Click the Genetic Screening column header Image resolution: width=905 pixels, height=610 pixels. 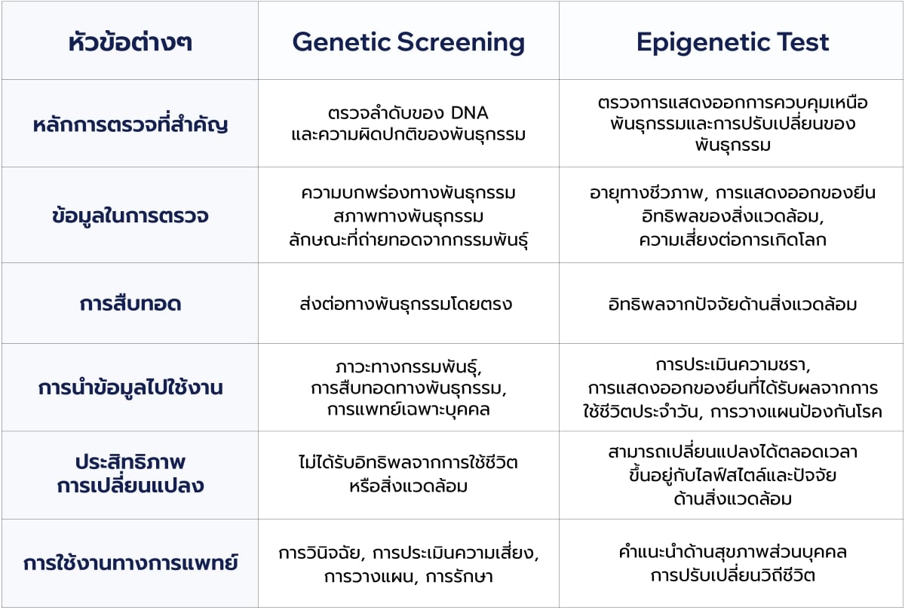tap(409, 42)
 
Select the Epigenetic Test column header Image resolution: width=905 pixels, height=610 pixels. tap(732, 42)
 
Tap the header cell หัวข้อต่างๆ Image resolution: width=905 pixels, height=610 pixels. tap(130, 41)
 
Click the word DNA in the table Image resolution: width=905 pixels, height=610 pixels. tap(469, 113)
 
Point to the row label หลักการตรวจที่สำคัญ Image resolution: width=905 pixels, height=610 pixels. tap(130, 123)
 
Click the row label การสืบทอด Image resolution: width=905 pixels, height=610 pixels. tap(130, 303)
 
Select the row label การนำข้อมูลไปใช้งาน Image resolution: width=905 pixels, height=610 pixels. tap(130, 387)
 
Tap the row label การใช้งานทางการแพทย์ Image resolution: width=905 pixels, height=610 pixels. tap(130, 562)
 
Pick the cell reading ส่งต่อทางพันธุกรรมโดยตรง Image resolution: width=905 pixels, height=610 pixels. tap(406, 303)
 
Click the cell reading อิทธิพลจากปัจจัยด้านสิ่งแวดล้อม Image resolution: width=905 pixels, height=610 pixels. tap(732, 303)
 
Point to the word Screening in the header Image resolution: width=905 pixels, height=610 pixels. tap(461, 42)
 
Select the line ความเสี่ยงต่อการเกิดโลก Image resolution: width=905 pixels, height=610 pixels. tap(732, 240)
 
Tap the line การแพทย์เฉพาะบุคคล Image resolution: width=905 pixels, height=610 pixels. tap(409, 409)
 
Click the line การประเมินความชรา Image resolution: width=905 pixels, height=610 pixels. tap(733, 364)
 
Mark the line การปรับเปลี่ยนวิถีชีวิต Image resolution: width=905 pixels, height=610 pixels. tap(732, 575)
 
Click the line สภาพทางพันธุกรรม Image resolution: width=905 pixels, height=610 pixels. tap(409, 216)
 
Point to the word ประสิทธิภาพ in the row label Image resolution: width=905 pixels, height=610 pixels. tap(130, 461)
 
